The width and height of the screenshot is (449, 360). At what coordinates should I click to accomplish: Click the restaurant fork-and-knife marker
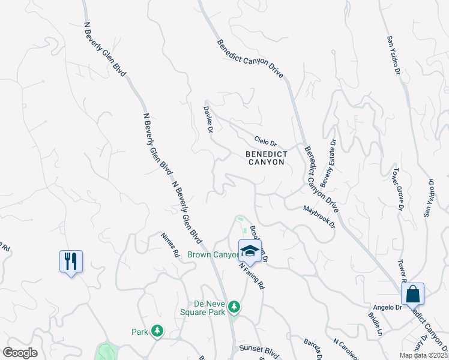(x=71, y=261)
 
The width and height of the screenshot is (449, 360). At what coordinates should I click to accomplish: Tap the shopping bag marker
(x=412, y=294)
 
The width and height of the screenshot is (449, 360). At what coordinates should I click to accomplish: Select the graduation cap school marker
(x=250, y=250)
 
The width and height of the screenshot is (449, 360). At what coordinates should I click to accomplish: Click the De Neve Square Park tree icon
(x=234, y=308)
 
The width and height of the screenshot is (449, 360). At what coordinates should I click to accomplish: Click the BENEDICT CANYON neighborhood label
(x=267, y=158)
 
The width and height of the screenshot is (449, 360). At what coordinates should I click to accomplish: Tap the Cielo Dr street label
(x=265, y=142)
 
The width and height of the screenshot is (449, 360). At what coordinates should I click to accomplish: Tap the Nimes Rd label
(x=170, y=245)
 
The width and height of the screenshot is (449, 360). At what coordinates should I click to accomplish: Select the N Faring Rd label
(x=252, y=274)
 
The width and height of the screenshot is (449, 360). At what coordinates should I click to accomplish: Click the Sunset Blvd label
(x=252, y=349)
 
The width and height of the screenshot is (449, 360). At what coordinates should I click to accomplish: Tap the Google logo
(x=20, y=353)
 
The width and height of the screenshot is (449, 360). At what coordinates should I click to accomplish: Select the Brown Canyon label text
(x=213, y=255)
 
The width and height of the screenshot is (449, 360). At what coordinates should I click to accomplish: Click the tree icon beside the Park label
(x=157, y=331)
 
